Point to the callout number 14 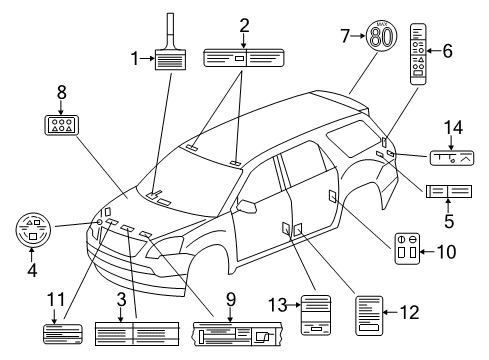pyautogui.click(x=456, y=127)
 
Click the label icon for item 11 pyautogui.click(x=62, y=334)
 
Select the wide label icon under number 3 pyautogui.click(x=136, y=333)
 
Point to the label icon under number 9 pyautogui.click(x=232, y=333)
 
